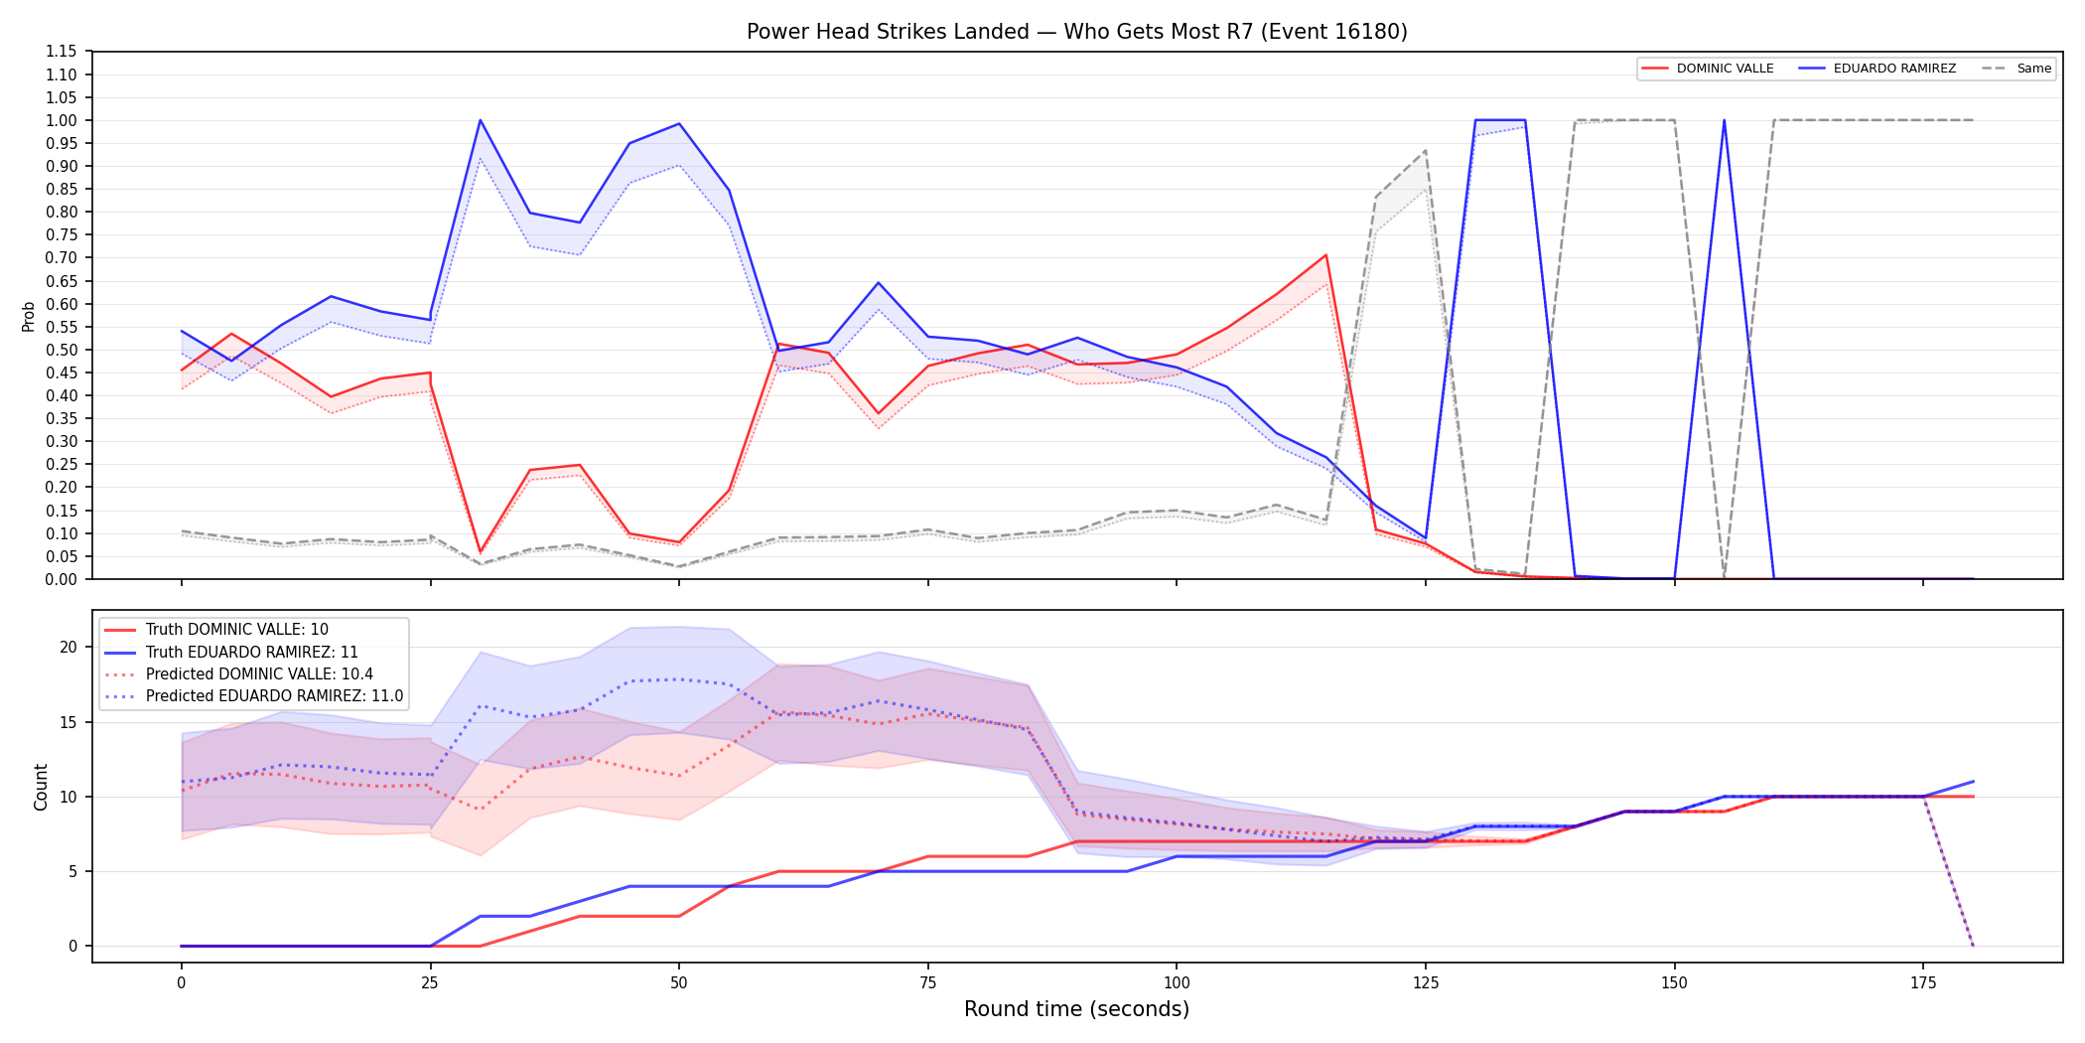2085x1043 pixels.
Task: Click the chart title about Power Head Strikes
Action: coord(1076,32)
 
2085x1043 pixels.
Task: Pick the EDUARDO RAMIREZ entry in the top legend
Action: coord(1877,69)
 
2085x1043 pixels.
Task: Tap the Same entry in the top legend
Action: coord(2016,69)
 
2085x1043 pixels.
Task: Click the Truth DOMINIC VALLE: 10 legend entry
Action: coord(215,630)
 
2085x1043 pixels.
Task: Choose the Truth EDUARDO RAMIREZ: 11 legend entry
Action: coord(230,652)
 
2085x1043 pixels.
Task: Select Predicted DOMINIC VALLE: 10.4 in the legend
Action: coord(238,673)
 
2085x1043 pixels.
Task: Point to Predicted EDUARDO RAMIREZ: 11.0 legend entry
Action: coord(253,695)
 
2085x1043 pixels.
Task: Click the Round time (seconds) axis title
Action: coord(1076,1009)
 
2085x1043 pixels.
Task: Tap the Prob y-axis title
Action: coord(29,316)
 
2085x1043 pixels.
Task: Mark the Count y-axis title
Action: coord(41,787)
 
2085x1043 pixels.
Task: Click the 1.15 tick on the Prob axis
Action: coord(61,52)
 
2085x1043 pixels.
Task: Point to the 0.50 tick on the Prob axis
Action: coord(61,350)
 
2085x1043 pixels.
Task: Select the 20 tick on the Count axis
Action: coord(69,647)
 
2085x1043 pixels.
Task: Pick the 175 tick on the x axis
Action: coord(1923,983)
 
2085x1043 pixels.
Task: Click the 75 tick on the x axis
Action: coord(927,983)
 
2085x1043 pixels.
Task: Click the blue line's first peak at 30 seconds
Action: coord(481,120)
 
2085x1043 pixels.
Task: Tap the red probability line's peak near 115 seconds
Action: coord(1325,255)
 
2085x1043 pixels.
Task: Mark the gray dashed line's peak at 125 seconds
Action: coord(1426,151)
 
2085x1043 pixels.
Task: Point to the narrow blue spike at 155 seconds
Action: coord(1724,120)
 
